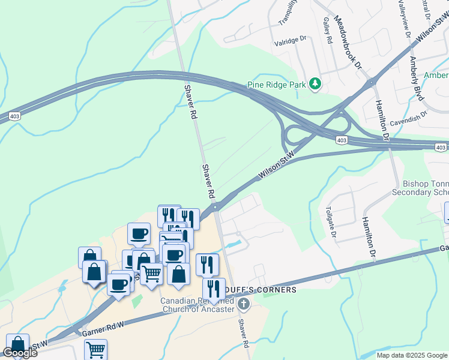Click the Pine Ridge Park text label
[277, 85]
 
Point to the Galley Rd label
[328, 31]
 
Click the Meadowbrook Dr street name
[349, 41]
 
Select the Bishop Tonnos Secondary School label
[418, 188]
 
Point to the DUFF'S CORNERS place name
[269, 290]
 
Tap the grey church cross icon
[243, 304]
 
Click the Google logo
[20, 353]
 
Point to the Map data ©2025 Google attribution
[411, 355]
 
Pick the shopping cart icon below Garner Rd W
[95, 350]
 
